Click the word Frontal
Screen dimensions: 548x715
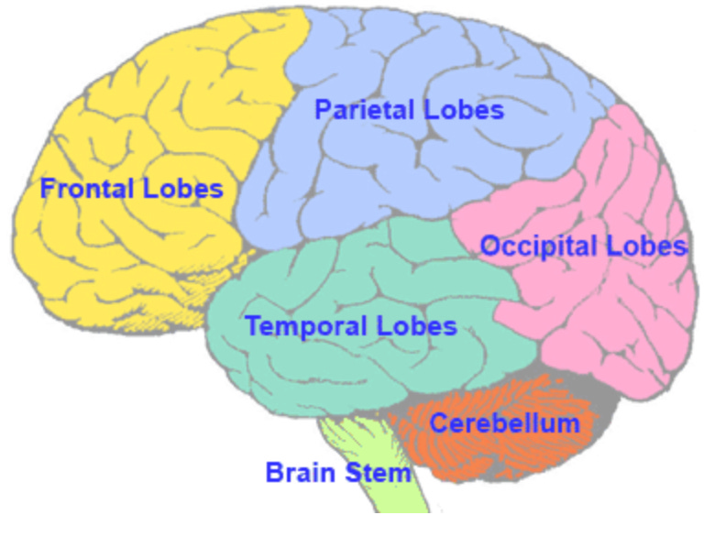[89, 190]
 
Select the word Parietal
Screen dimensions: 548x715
[365, 110]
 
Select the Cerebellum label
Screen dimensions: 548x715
[504, 423]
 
